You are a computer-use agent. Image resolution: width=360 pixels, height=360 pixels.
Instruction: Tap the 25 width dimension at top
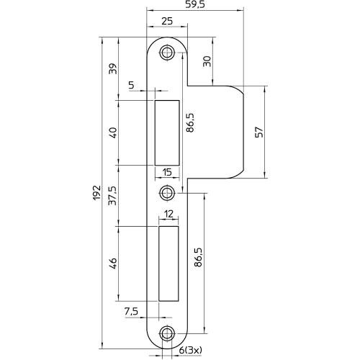click(167, 21)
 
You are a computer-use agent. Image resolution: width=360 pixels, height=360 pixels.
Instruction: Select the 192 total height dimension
click(96, 192)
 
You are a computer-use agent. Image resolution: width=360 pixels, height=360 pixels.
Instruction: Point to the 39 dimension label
click(113, 68)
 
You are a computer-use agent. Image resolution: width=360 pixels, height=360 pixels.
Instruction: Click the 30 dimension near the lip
click(207, 61)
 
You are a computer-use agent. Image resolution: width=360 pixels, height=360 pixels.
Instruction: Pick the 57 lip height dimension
click(259, 132)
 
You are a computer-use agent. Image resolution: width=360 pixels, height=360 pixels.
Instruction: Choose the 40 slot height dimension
click(113, 132)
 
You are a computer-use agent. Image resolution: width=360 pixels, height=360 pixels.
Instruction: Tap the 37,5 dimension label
click(112, 196)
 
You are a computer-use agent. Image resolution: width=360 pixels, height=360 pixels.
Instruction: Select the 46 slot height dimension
click(113, 264)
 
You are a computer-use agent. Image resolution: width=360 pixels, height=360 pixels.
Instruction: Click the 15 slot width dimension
click(167, 172)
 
